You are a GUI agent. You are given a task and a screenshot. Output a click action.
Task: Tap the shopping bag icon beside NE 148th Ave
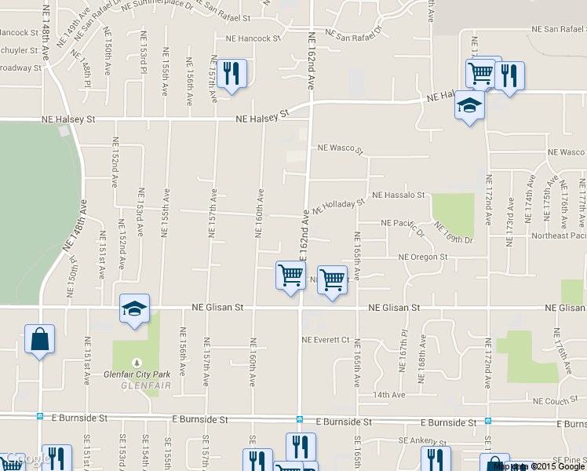[39, 340]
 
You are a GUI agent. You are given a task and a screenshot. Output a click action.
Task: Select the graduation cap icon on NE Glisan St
[134, 309]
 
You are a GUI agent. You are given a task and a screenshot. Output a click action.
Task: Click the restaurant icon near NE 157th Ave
[231, 75]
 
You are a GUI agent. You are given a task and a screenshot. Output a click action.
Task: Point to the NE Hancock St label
[253, 38]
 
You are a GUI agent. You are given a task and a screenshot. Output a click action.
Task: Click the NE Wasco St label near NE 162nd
[341, 148]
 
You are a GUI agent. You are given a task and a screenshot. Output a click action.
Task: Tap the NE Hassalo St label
[398, 194]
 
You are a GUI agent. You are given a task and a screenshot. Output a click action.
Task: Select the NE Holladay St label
[339, 206]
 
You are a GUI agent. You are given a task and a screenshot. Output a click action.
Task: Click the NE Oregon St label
[422, 257]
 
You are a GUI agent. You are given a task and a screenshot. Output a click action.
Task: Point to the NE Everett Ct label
[325, 340]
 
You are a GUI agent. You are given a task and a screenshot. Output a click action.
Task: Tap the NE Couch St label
[555, 401]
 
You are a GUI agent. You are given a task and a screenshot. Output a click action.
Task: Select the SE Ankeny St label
[422, 442]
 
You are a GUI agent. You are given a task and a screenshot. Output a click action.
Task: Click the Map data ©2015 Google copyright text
[540, 466]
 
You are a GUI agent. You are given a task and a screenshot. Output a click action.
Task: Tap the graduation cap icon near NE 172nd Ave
[469, 107]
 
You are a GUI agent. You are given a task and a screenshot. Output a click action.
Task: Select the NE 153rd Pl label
[144, 62]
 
